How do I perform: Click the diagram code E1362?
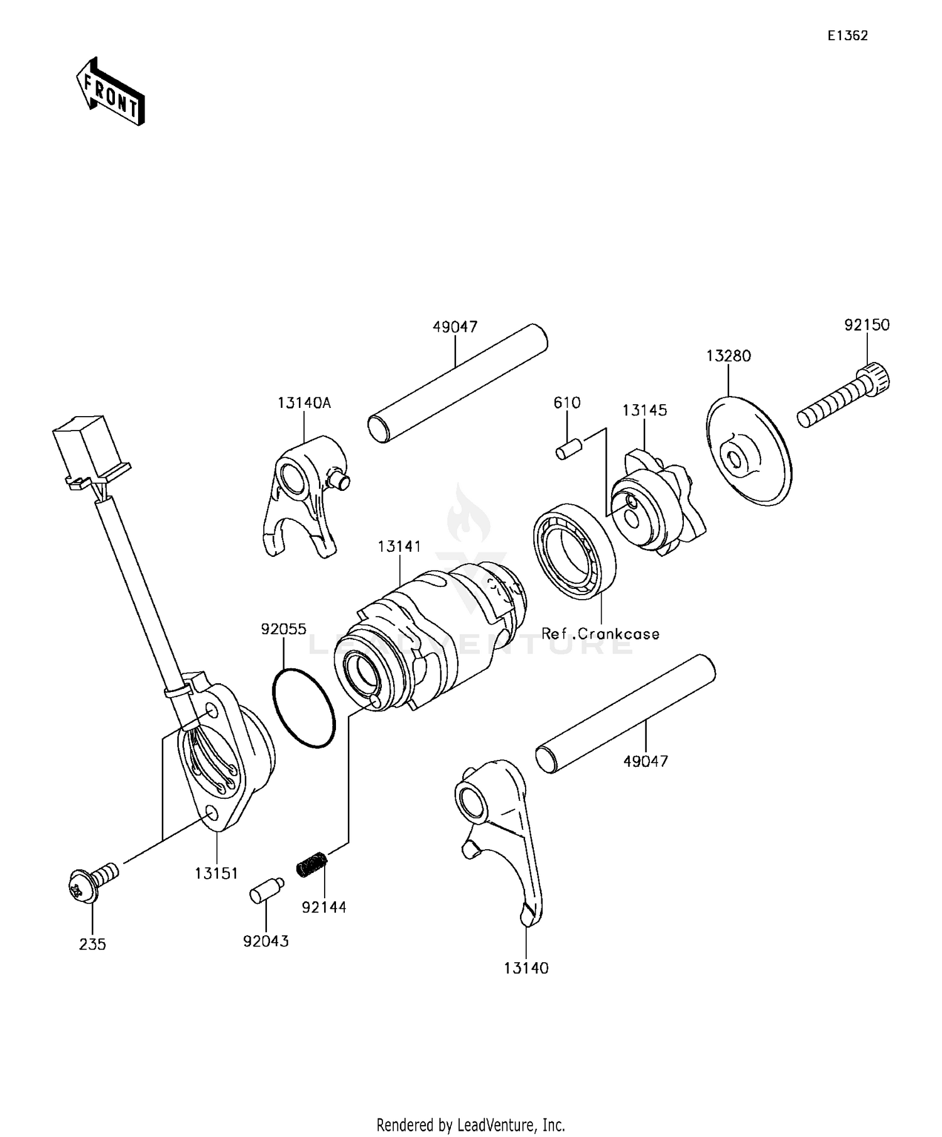(x=847, y=36)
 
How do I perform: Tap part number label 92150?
(x=866, y=325)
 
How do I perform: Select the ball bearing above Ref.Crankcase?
(x=573, y=551)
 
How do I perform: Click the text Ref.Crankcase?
(x=600, y=634)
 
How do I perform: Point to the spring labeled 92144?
(x=312, y=863)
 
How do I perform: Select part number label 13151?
(x=215, y=873)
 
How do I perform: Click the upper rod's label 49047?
(x=455, y=327)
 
